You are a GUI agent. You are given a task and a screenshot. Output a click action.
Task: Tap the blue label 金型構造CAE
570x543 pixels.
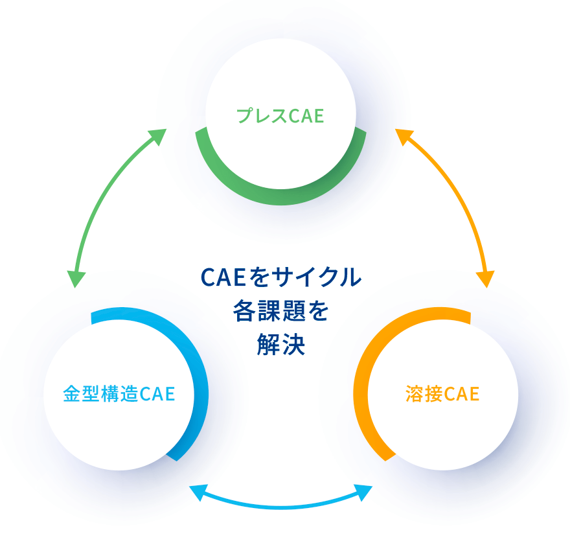[119, 394]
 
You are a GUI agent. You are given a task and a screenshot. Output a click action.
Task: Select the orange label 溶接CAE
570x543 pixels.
[442, 394]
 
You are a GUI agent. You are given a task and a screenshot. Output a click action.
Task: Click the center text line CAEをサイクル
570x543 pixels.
[280, 277]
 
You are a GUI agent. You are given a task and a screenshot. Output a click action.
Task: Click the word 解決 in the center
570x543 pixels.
[280, 345]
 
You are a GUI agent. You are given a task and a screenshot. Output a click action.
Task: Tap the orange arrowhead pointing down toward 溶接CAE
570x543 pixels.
[485, 279]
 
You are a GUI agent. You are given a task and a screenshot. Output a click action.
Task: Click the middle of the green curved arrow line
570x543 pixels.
[104, 194]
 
